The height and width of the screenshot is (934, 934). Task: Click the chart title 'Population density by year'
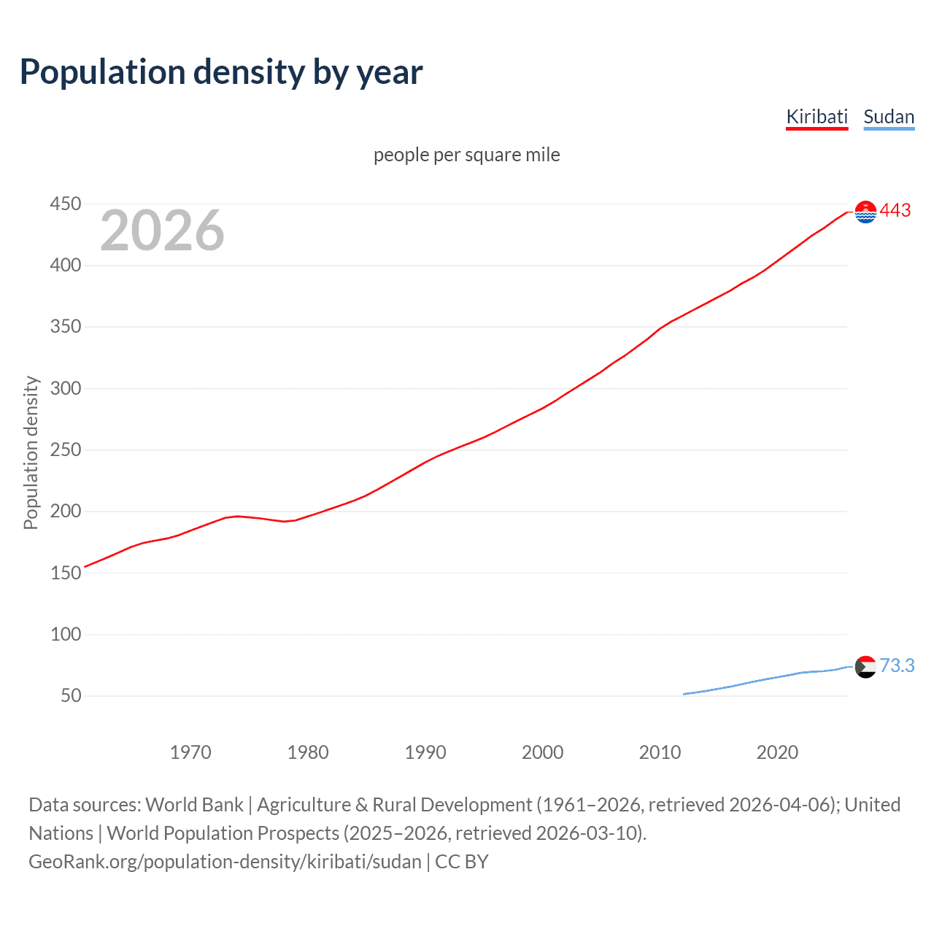(221, 72)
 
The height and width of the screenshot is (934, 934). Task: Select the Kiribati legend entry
(817, 117)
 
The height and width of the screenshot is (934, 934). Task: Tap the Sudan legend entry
(888, 117)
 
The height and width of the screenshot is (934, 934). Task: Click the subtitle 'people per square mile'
(466, 155)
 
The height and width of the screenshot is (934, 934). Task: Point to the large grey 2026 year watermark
(162, 231)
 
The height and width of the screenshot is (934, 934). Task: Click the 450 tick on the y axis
(66, 204)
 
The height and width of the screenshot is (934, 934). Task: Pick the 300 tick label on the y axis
(66, 388)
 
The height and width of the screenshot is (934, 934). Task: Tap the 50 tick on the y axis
(71, 695)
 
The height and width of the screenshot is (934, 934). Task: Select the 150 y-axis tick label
(66, 573)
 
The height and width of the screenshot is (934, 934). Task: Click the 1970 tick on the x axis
(190, 752)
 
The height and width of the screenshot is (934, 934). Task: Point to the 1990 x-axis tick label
(425, 752)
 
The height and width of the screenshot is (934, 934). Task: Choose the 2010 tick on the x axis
(660, 752)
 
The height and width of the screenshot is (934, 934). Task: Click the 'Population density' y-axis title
(31, 452)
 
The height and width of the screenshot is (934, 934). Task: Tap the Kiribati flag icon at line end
(865, 212)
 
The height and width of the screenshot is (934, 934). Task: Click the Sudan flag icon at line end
(865, 666)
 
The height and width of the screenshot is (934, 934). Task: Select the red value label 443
(895, 211)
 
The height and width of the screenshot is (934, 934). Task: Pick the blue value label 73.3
(897, 665)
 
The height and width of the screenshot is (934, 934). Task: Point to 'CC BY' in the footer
(462, 862)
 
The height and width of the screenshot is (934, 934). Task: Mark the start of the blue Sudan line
(684, 694)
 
